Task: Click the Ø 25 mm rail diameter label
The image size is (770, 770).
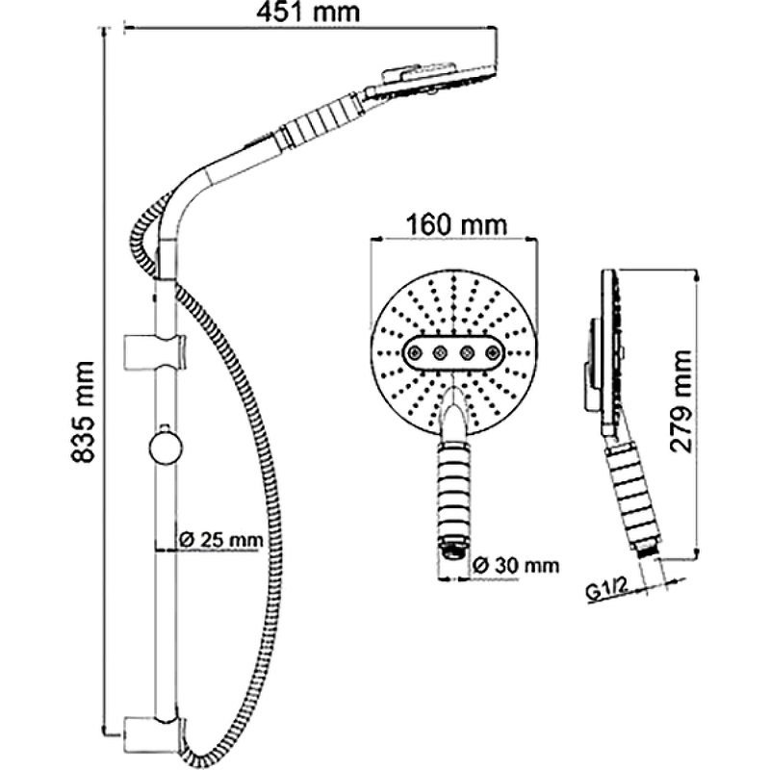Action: [x=220, y=539]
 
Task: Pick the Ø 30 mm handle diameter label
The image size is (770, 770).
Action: [x=515, y=565]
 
